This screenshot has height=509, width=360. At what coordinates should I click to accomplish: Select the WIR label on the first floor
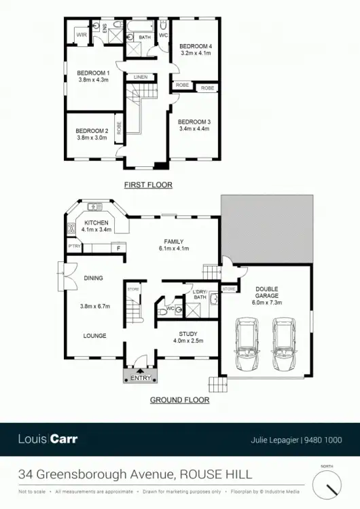pos(82,34)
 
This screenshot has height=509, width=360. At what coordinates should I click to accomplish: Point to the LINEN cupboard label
pos(141,77)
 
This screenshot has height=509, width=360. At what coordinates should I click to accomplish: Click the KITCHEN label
pos(97,223)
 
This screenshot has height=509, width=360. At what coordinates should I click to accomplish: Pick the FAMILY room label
pos(175,241)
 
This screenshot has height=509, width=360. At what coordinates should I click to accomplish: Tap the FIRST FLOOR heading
pos(147,185)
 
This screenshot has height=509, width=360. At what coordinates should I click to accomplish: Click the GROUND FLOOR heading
pos(179,400)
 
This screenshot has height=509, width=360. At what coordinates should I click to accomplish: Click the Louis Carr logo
pos(48,439)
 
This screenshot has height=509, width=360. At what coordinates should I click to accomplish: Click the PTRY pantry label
pos(73,246)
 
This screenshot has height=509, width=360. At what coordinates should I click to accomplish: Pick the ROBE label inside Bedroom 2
pos(119,129)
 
